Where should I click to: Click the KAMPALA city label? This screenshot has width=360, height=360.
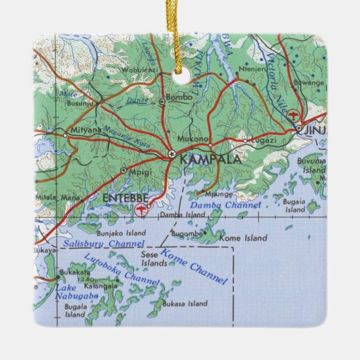point(211,160)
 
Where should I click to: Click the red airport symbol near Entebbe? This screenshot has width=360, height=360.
point(141,210)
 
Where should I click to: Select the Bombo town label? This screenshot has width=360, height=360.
point(179,97)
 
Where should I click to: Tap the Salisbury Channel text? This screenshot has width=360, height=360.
point(103,244)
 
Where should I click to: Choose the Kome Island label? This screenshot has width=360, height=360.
point(243,238)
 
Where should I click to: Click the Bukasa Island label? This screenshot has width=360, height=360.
point(185,304)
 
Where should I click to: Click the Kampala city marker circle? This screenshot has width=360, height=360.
point(172,153)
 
